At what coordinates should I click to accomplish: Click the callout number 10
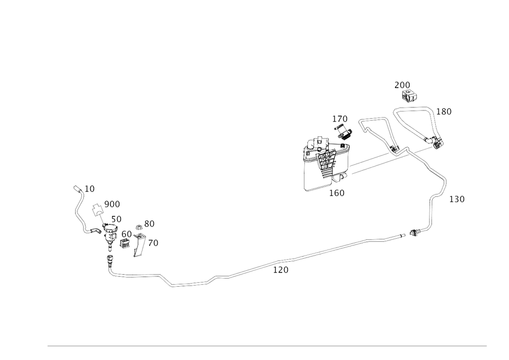coord(90,189)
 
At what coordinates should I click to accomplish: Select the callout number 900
coord(112,205)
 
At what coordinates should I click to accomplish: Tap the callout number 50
coord(117,219)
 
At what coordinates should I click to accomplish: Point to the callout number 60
coord(127,234)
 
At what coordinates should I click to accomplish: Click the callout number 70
coord(153,243)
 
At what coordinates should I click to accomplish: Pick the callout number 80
coord(149,224)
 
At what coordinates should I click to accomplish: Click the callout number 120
coord(281,270)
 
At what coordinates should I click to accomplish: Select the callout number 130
coord(457,199)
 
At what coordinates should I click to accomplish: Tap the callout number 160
coord(337,193)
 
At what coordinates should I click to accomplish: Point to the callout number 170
coord(340,119)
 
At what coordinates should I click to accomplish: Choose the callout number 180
coord(444,112)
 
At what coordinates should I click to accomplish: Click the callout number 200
coord(403,86)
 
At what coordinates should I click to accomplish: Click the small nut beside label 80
coord(138,227)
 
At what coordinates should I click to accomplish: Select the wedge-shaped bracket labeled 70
coord(139,245)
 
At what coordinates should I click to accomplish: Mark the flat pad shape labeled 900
coord(97,210)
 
